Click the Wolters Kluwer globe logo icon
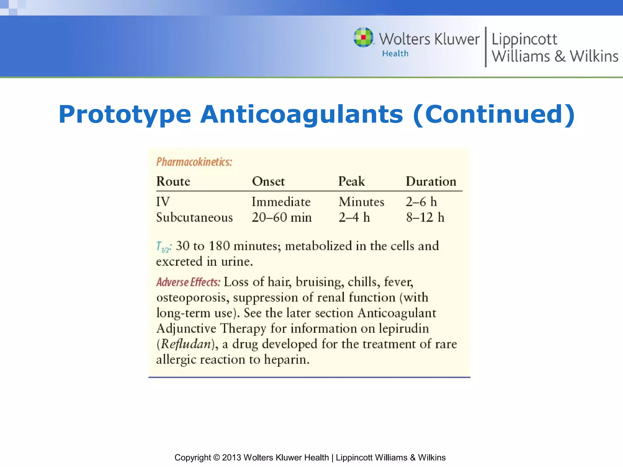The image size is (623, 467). click(364, 37)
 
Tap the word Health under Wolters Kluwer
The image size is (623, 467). click(395, 54)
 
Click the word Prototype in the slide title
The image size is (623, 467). click(125, 114)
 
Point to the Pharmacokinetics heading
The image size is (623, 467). click(194, 162)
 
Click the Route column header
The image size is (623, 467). click(173, 182)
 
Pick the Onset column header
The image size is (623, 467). click(268, 182)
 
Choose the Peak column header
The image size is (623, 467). click(352, 182)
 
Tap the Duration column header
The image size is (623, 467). click(431, 182)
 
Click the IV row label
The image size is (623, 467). click(163, 202)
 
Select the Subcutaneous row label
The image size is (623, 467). click(194, 218)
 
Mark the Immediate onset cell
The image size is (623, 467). click(281, 202)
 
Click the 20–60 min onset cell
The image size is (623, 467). click(282, 218)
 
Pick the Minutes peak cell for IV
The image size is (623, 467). click(361, 202)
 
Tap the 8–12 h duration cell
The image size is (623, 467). click(425, 218)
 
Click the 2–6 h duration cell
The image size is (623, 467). click(421, 202)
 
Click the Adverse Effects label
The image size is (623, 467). click(188, 282)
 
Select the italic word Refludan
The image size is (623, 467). click(186, 344)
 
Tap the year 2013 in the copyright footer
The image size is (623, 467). click(231, 458)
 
